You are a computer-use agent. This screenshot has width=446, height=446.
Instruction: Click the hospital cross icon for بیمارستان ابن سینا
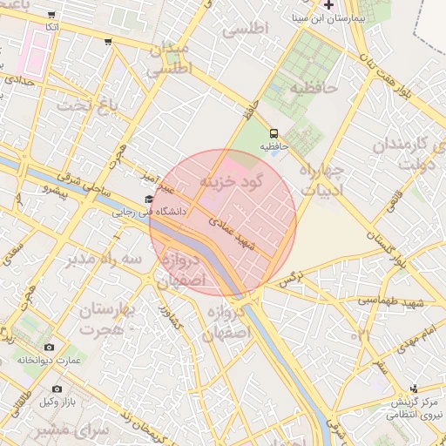328,3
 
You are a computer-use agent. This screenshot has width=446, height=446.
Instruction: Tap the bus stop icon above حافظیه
274,133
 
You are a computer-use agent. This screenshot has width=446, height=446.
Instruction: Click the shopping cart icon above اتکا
53,15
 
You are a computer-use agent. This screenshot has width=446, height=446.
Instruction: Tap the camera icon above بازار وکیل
57,389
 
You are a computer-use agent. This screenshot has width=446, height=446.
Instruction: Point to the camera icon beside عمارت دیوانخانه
49,347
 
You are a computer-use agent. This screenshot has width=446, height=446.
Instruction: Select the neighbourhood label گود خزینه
231,183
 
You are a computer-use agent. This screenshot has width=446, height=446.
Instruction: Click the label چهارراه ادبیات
321,179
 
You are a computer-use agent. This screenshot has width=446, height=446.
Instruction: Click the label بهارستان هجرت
111,319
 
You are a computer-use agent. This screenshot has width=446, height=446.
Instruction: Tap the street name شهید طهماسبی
390,301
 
